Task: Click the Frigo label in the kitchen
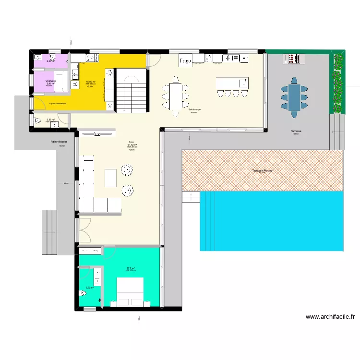[185, 61]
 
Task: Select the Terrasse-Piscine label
[262, 171]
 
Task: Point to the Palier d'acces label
[59, 142]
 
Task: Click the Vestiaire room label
[50, 81]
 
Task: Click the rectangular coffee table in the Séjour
[111, 178]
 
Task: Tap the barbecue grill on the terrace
[293, 59]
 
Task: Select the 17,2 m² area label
[131, 268]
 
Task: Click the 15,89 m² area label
[90, 82]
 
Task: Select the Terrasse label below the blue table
[295, 131]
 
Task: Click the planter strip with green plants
[338, 82]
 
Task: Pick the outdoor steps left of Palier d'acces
[50, 232]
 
